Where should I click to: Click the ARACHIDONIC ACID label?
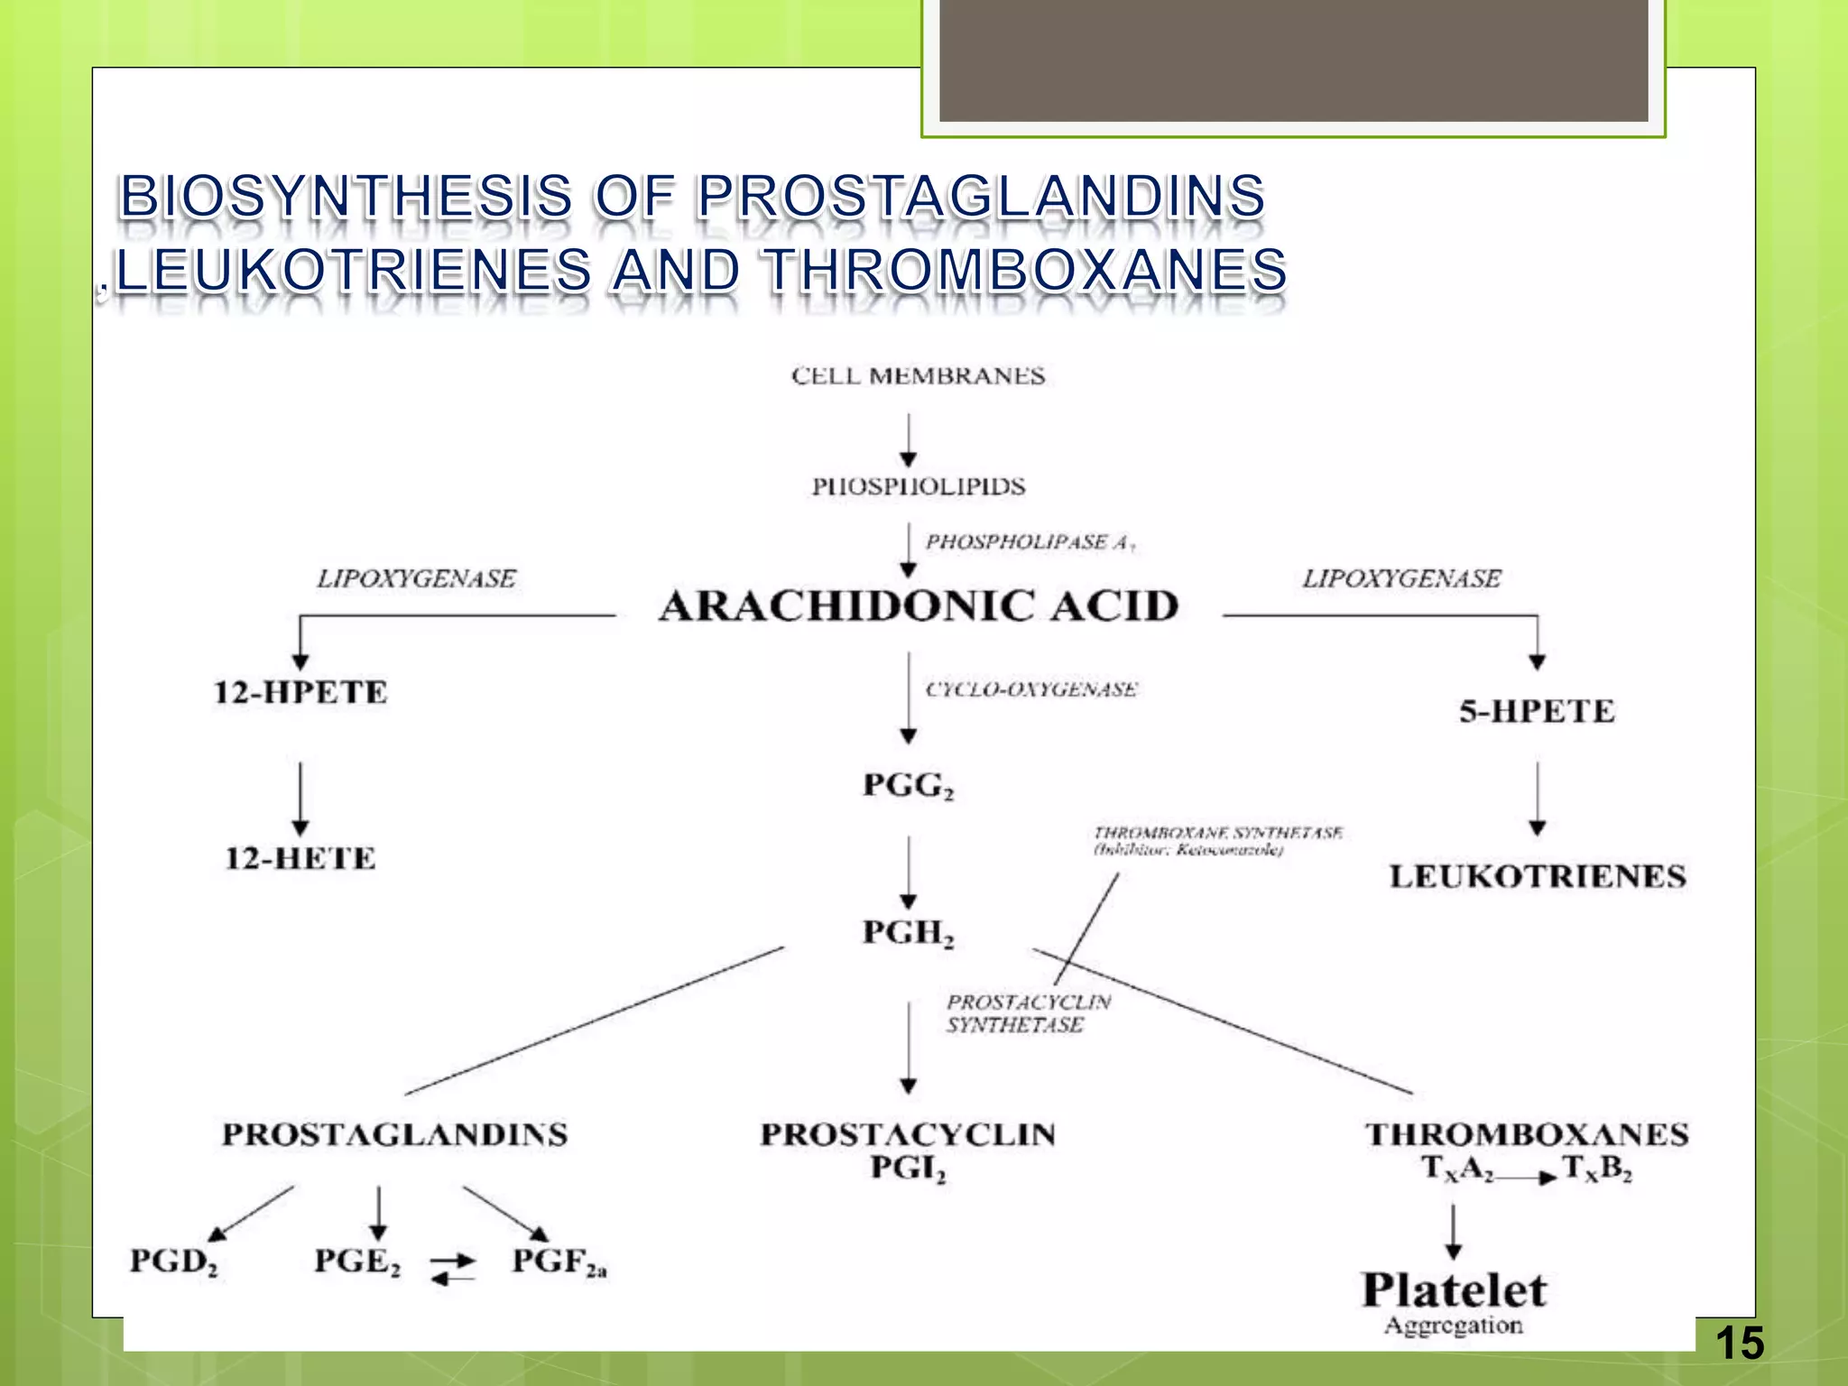point(919,605)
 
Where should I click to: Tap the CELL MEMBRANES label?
point(918,375)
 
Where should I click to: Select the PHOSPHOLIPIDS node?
point(918,486)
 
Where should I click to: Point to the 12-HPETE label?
point(300,692)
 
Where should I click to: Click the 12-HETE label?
point(300,857)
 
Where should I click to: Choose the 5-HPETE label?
point(1537,711)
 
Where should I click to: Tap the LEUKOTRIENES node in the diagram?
point(1537,876)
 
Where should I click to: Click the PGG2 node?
point(908,785)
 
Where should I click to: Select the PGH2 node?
point(908,932)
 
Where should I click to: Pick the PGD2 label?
point(174,1261)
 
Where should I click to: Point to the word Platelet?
point(1454,1289)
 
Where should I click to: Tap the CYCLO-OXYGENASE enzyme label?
point(1031,689)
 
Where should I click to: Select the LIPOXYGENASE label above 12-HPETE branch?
point(416,578)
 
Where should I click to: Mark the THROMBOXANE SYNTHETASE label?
point(1218,832)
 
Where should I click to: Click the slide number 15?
point(1739,1343)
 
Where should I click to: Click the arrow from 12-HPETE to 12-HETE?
point(300,799)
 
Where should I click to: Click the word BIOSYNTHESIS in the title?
point(346,196)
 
